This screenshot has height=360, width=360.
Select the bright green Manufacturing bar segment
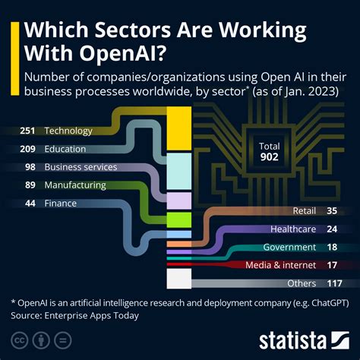[x=179, y=219]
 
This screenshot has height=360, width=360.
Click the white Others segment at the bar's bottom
[x=179, y=279]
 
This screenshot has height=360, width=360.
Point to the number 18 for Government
[x=333, y=247]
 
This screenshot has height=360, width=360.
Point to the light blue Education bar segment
[x=179, y=171]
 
